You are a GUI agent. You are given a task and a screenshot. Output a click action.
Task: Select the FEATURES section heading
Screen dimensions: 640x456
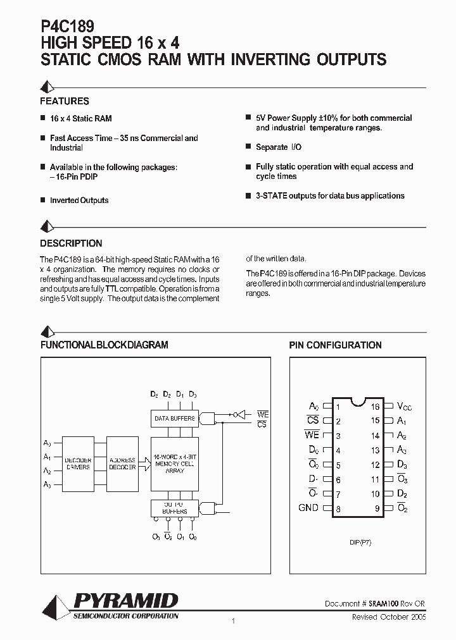pos(65,101)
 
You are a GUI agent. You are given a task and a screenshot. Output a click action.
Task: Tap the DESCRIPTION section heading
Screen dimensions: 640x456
pos(71,243)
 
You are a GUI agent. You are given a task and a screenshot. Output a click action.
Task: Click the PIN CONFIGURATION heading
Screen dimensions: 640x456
pos(335,345)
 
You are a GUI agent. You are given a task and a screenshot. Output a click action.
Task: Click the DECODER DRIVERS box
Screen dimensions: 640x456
pos(78,464)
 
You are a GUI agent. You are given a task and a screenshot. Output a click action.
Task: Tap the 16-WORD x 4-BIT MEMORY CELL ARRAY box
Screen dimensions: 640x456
pos(174,463)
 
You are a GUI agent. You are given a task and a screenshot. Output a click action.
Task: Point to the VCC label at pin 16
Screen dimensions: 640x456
pos(404,406)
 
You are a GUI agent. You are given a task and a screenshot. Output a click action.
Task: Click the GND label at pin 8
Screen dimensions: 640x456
pos(308,508)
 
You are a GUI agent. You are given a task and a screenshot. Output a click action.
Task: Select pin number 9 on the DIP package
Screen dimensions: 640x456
pos(376,508)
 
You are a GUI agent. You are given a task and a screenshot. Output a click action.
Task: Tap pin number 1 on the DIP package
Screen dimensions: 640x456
pos(339,407)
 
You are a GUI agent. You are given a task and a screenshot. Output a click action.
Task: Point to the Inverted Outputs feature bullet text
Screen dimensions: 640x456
pos(79,200)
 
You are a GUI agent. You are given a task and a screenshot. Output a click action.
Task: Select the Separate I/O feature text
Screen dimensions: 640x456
pos(279,147)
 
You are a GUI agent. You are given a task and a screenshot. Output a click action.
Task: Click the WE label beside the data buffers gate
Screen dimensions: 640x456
pos(263,414)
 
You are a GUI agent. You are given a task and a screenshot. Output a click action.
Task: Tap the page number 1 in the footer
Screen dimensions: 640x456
pos(234,621)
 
